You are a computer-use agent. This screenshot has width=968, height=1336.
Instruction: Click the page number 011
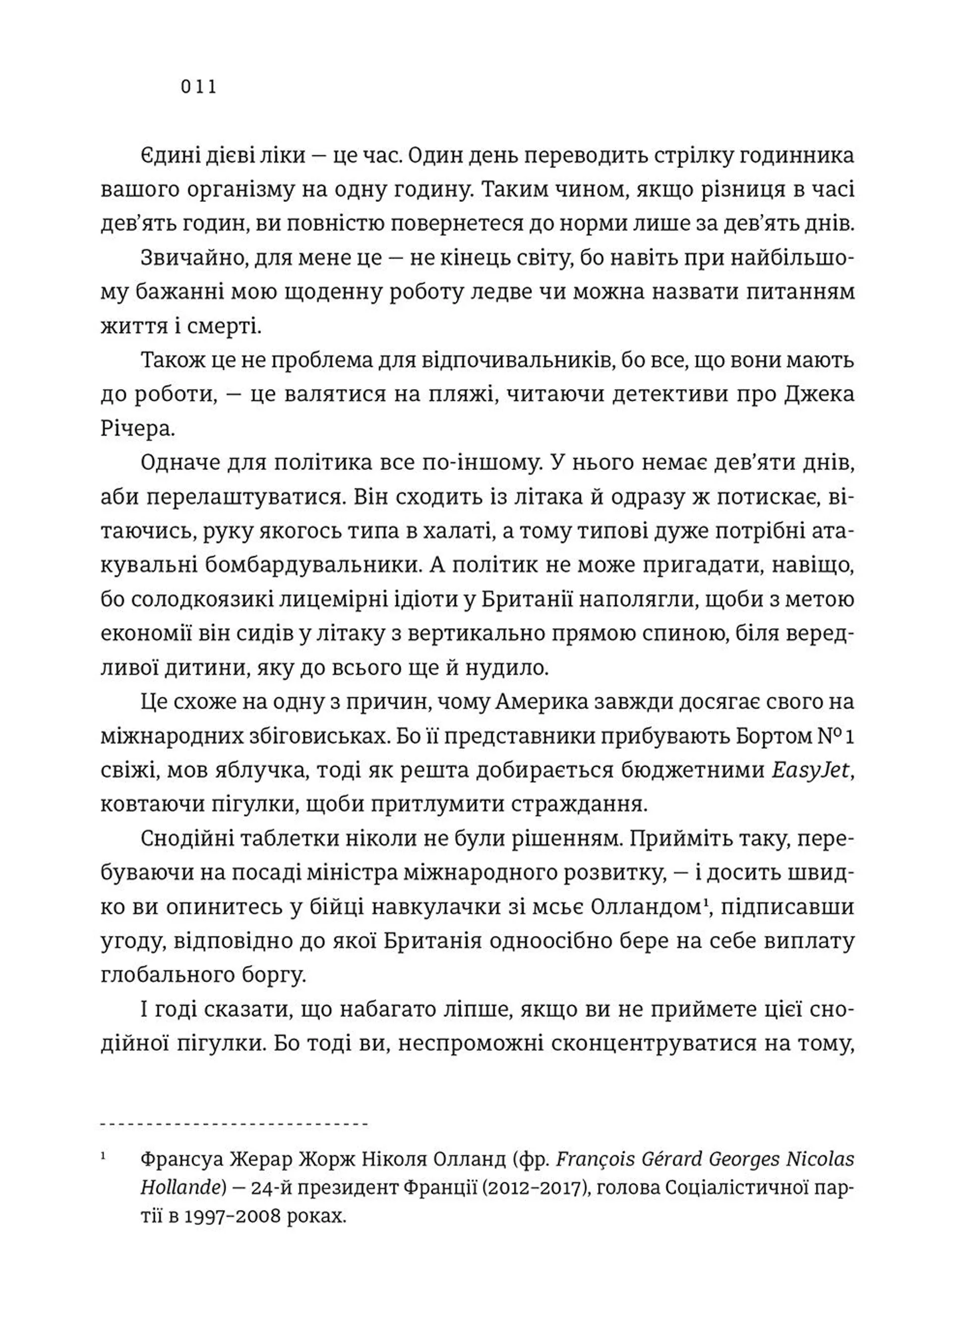[199, 88]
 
